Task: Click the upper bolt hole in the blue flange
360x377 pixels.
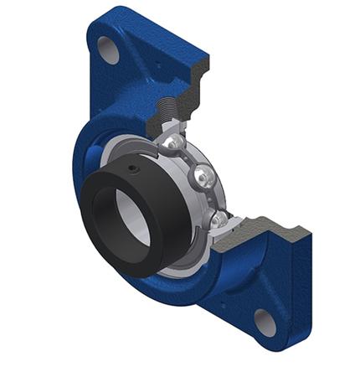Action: click(x=109, y=49)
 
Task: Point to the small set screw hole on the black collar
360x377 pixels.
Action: click(x=134, y=172)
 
